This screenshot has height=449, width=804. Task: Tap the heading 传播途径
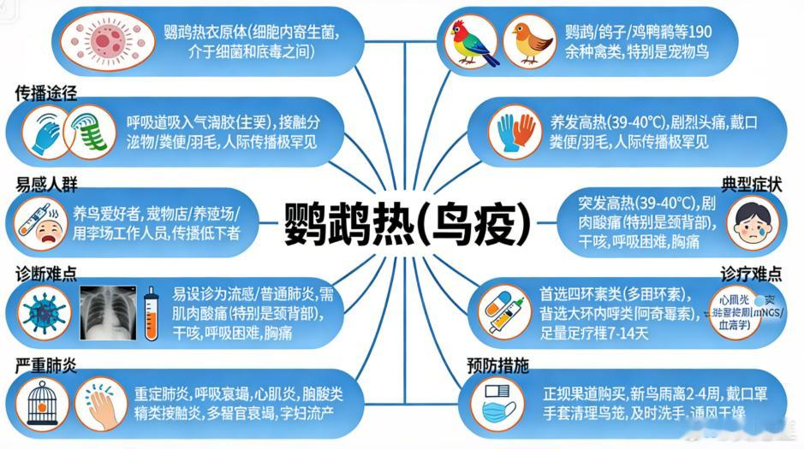click(x=47, y=92)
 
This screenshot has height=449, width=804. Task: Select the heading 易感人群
click(x=47, y=185)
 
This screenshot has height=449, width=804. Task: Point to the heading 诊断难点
click(x=47, y=274)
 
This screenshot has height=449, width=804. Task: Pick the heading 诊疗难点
click(x=751, y=274)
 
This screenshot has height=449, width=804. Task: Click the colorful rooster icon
click(x=474, y=43)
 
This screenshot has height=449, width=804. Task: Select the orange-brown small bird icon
click(x=527, y=43)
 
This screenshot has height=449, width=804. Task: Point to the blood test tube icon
click(x=152, y=311)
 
